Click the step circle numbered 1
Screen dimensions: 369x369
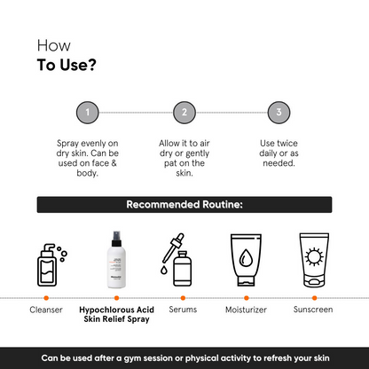tap(86, 113)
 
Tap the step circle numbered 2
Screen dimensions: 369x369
tap(184, 113)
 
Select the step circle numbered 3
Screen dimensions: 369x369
tap(279, 113)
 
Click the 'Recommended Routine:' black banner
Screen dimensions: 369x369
tap(184, 205)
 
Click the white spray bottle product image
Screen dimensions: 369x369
tap(114, 259)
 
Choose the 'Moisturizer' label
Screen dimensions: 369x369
tap(248, 312)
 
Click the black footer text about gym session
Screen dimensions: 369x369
tap(184, 357)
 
